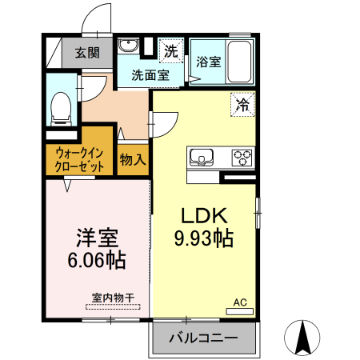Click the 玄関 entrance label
(x=88, y=54)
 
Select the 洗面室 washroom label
(x=150, y=75)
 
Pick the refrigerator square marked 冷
(x=242, y=103)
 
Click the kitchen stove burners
(x=242, y=156)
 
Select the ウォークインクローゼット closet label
(x=79, y=159)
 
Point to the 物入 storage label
(x=133, y=159)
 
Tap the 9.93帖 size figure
(x=203, y=238)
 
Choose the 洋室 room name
(x=98, y=238)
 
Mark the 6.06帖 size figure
(x=98, y=260)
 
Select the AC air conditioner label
(x=239, y=302)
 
